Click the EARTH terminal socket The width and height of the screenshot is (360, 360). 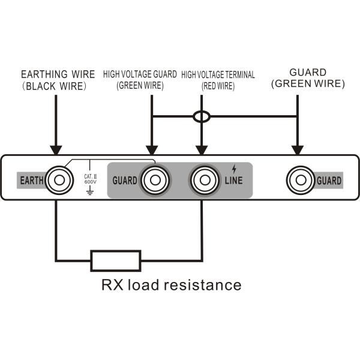tap(59, 180)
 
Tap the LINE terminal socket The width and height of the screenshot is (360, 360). tap(205, 180)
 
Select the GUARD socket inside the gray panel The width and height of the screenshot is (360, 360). tap(155, 180)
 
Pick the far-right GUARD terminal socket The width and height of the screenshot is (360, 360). tap(301, 180)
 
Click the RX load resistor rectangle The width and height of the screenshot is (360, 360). tap(116, 261)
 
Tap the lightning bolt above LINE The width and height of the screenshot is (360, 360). tap(234, 169)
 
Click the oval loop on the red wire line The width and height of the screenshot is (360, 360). tap(202, 116)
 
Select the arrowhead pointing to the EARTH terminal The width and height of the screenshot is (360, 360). tap(56, 150)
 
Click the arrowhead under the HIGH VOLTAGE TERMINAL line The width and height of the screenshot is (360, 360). tap(202, 150)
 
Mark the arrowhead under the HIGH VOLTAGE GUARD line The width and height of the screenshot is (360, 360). tap(152, 150)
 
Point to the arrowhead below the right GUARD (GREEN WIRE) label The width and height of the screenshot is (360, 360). tap(298, 150)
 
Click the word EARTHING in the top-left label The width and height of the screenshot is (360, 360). tap(44, 74)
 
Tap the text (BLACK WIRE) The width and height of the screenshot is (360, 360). tap(54, 86)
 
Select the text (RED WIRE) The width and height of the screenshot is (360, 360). tap(218, 86)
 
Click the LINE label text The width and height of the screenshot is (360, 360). tap(234, 181)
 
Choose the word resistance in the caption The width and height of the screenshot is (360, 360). tap(202, 285)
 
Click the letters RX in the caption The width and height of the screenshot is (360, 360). tap(112, 285)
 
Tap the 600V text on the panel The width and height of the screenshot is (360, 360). tap(90, 182)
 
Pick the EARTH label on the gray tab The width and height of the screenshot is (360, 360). tap(32, 181)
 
